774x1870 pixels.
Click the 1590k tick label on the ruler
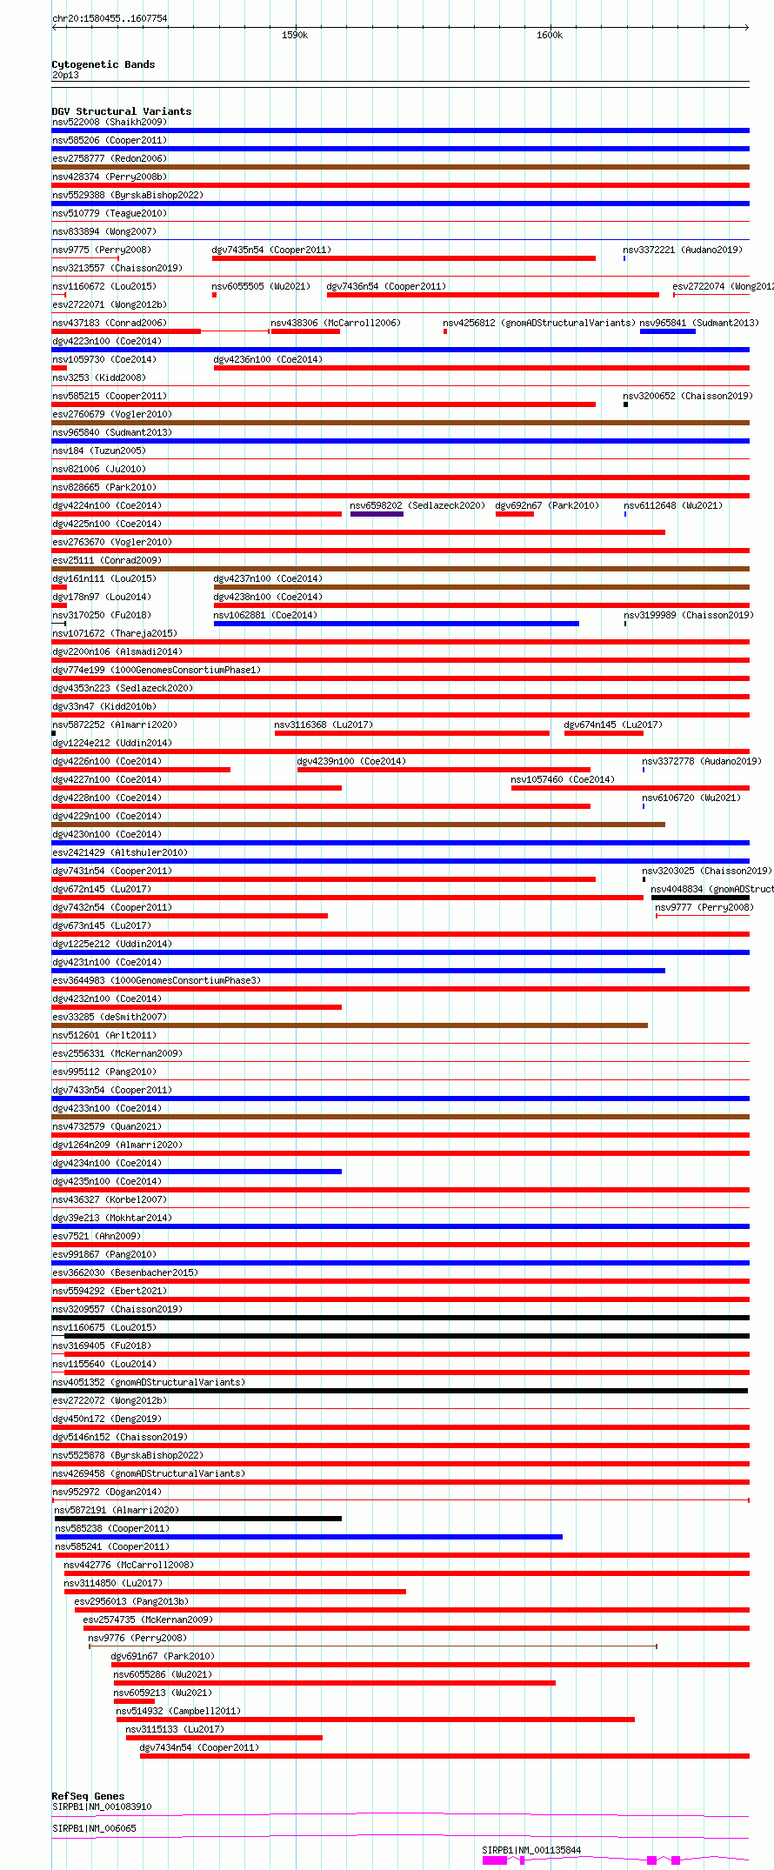(x=295, y=36)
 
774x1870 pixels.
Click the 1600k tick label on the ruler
(x=550, y=36)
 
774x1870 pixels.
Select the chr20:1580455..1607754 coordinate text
(x=110, y=18)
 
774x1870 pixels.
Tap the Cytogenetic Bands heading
(x=103, y=64)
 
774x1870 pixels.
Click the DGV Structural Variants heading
(x=121, y=111)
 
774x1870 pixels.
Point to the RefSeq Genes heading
(x=88, y=1796)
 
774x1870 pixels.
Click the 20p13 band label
(x=65, y=75)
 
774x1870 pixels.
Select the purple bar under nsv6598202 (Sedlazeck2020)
(x=377, y=514)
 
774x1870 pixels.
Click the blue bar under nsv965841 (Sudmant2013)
(x=667, y=331)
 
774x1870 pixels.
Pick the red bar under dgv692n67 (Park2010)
(x=514, y=514)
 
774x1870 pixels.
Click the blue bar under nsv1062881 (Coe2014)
(x=396, y=624)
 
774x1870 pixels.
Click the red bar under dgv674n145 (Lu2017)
(x=604, y=733)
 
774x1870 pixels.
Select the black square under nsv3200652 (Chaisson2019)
(x=625, y=404)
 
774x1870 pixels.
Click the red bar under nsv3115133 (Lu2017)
(x=224, y=1738)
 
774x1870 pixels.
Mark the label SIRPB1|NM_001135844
(x=531, y=1850)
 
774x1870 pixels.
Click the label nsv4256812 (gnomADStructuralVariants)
(x=539, y=323)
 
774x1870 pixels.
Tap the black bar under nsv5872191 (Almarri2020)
(x=198, y=1519)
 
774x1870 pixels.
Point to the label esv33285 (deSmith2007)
(x=110, y=1017)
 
